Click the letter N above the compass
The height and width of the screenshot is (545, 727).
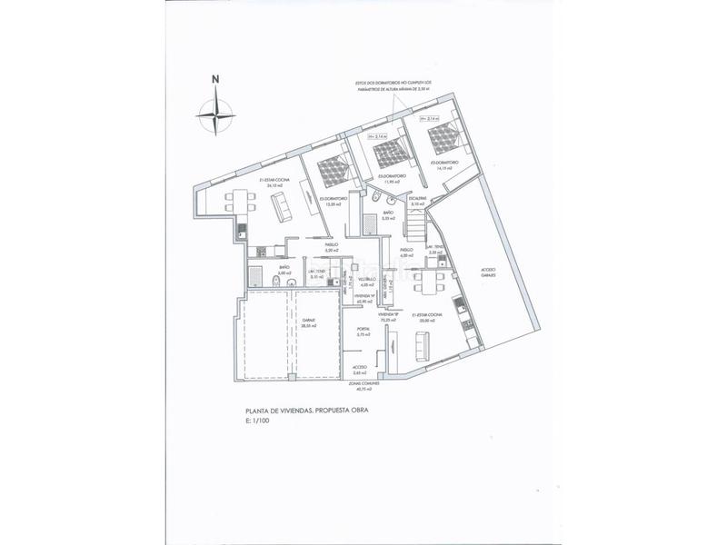coord(215,77)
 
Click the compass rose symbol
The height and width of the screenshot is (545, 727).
coord(215,114)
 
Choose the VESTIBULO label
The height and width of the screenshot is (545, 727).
coord(367,281)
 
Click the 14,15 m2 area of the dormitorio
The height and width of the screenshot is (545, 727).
coord(444,169)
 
